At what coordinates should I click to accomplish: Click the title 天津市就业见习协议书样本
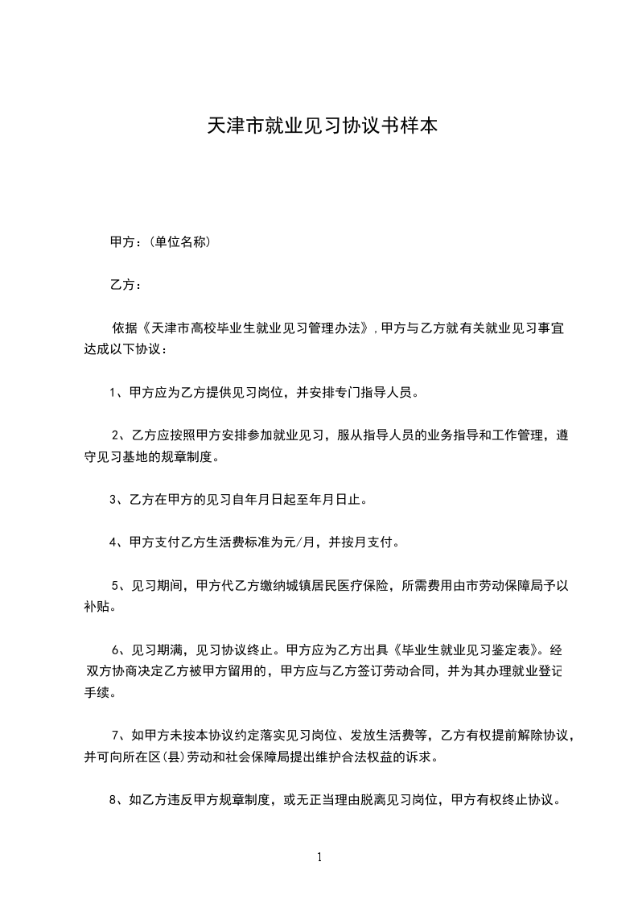[323, 126]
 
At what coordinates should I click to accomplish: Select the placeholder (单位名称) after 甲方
[178, 241]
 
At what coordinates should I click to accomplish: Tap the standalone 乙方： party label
[126, 285]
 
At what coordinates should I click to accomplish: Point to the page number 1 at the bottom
[319, 857]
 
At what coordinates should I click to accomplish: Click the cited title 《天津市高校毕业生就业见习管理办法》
[256, 328]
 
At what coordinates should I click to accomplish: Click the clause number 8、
[118, 801]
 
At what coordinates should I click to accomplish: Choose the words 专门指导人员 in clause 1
[372, 394]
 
